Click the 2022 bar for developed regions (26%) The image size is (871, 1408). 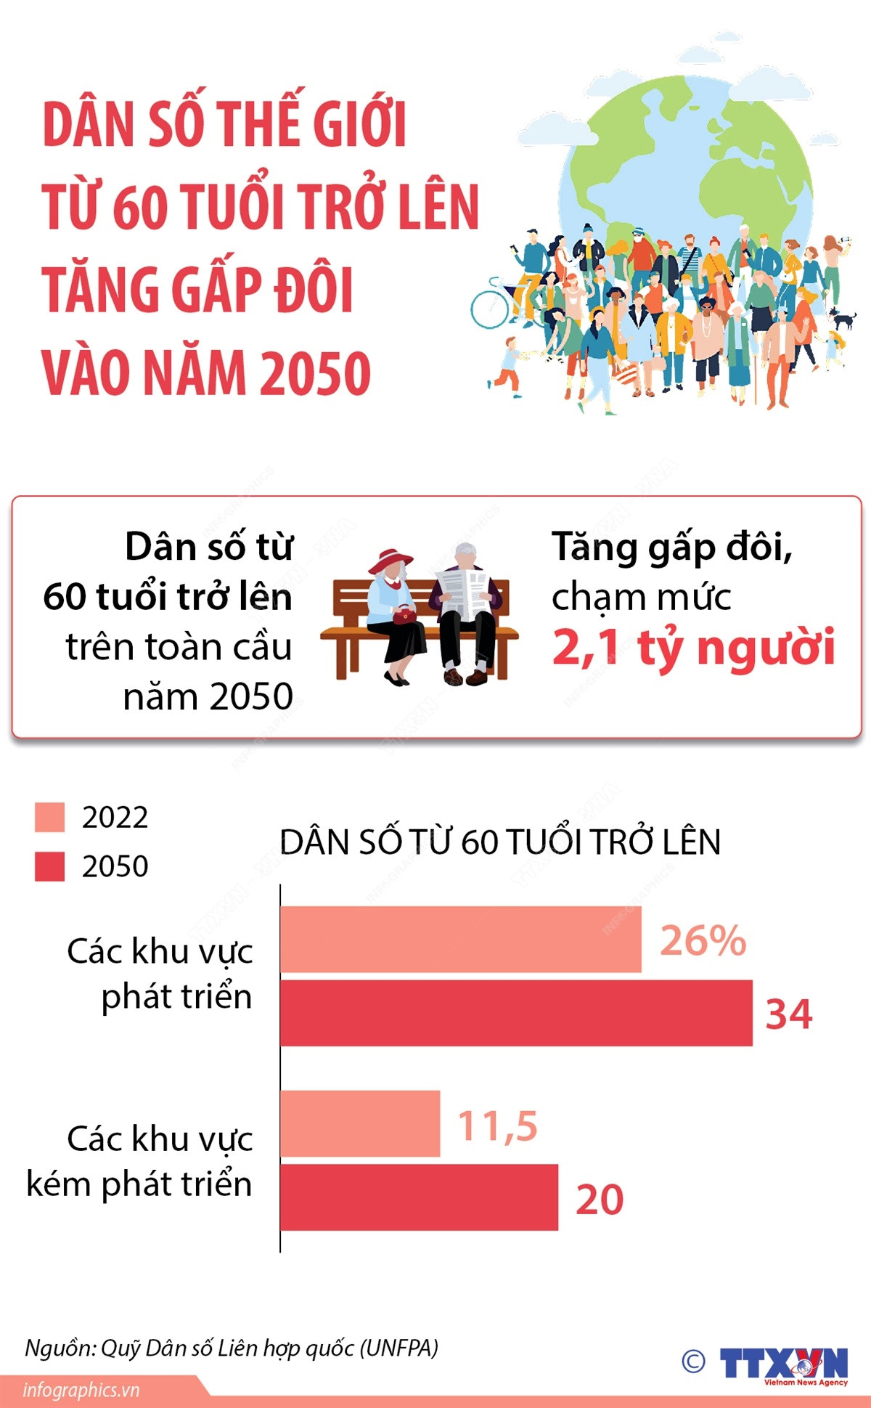tap(461, 939)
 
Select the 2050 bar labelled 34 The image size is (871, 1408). tap(516, 1013)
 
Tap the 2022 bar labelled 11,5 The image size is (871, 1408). tap(360, 1123)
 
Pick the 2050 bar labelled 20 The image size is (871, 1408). tap(419, 1197)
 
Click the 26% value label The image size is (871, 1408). tap(703, 940)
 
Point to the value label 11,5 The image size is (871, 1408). tap(497, 1126)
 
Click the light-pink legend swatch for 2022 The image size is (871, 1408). tap(49, 818)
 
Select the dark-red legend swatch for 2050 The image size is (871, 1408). tap(49, 866)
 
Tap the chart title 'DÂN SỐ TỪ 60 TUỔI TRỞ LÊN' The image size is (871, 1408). tap(500, 842)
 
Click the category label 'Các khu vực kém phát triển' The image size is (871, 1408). tap(139, 1162)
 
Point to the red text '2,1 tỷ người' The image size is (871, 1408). tap(693, 647)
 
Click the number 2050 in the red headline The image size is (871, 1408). tap(315, 373)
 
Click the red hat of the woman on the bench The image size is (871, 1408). tap(390, 561)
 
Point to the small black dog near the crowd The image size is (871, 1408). tap(842, 317)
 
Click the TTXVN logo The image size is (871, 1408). tap(782, 1364)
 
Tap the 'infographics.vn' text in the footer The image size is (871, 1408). tap(81, 1391)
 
